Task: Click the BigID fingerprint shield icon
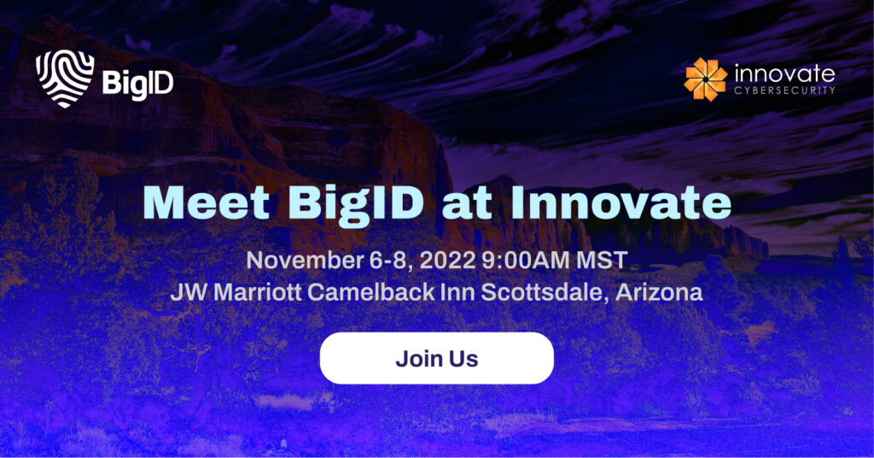click(x=65, y=79)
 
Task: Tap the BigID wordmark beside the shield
click(x=137, y=84)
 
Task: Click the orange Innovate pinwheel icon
click(x=706, y=79)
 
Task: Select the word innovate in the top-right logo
click(x=785, y=73)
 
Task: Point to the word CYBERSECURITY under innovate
click(x=785, y=91)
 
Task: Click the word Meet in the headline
click(x=207, y=203)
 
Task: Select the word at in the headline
click(x=467, y=204)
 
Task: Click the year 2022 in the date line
click(x=447, y=261)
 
